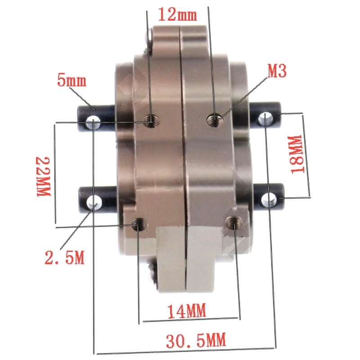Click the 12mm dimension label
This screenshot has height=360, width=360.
(x=177, y=14)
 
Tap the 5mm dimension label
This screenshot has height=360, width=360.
(x=72, y=81)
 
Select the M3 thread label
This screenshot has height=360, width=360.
(x=277, y=71)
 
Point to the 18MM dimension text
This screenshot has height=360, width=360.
(x=297, y=155)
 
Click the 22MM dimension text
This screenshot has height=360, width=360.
(x=43, y=176)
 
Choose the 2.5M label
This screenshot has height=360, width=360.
(x=64, y=257)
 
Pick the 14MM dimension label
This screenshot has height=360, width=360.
(x=187, y=311)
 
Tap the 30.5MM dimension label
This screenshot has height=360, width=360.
(x=196, y=341)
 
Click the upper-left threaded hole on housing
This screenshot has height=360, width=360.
(x=152, y=121)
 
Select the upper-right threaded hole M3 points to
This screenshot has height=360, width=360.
(x=215, y=120)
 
